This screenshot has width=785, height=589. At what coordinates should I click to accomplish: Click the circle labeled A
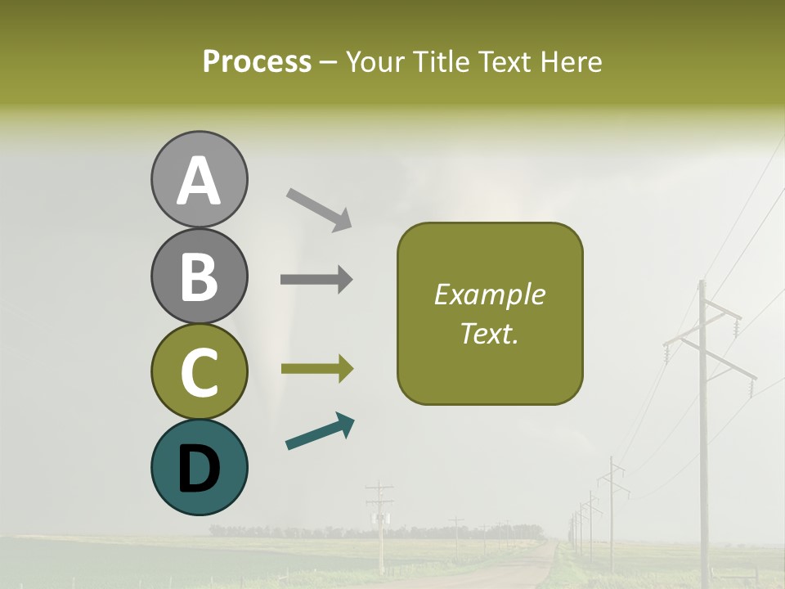pos(199,180)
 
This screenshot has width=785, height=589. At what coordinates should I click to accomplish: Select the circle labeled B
pos(199,276)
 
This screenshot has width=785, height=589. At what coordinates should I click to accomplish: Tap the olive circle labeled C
pos(199,371)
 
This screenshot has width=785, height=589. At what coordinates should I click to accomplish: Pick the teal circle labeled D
pos(199,467)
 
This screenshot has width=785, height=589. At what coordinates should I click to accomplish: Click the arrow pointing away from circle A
pos(319,209)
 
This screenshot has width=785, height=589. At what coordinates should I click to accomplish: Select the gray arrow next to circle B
pos(316,280)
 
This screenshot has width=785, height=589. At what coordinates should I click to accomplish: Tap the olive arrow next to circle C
pos(316,368)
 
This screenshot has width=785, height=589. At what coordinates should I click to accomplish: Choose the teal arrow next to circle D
pos(320,432)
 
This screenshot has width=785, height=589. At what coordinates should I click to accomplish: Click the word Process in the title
pos(257,61)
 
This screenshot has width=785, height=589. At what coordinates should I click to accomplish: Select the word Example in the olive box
pos(489,294)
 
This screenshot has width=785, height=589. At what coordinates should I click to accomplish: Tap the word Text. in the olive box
pos(489,333)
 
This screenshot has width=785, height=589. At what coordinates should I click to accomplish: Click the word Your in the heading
pos(372,61)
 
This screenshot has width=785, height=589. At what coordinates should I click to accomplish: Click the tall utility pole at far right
pos(702,425)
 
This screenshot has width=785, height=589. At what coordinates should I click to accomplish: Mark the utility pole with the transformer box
pos(379,524)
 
